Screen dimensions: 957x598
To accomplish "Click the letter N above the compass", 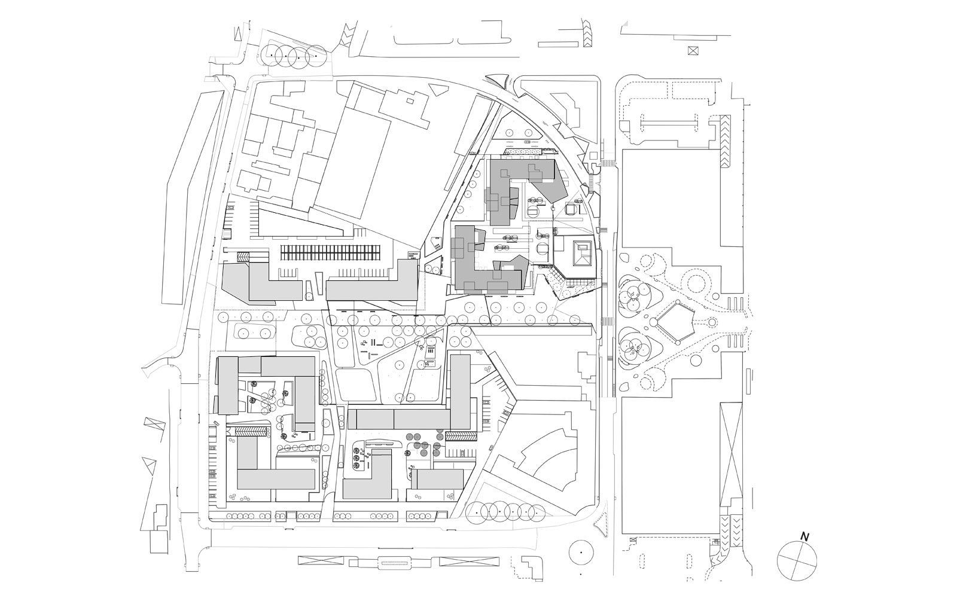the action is (805, 537).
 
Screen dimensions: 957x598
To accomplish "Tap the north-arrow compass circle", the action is (797, 561).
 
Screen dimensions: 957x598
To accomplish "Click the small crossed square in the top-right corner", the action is (693, 50).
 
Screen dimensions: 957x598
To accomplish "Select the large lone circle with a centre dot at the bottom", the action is (581, 553).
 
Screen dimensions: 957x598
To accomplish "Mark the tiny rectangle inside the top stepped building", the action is (410, 101).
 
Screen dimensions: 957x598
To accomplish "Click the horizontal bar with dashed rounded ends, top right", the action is (669, 124).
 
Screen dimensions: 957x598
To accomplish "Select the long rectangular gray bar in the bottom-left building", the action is (276, 479).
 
